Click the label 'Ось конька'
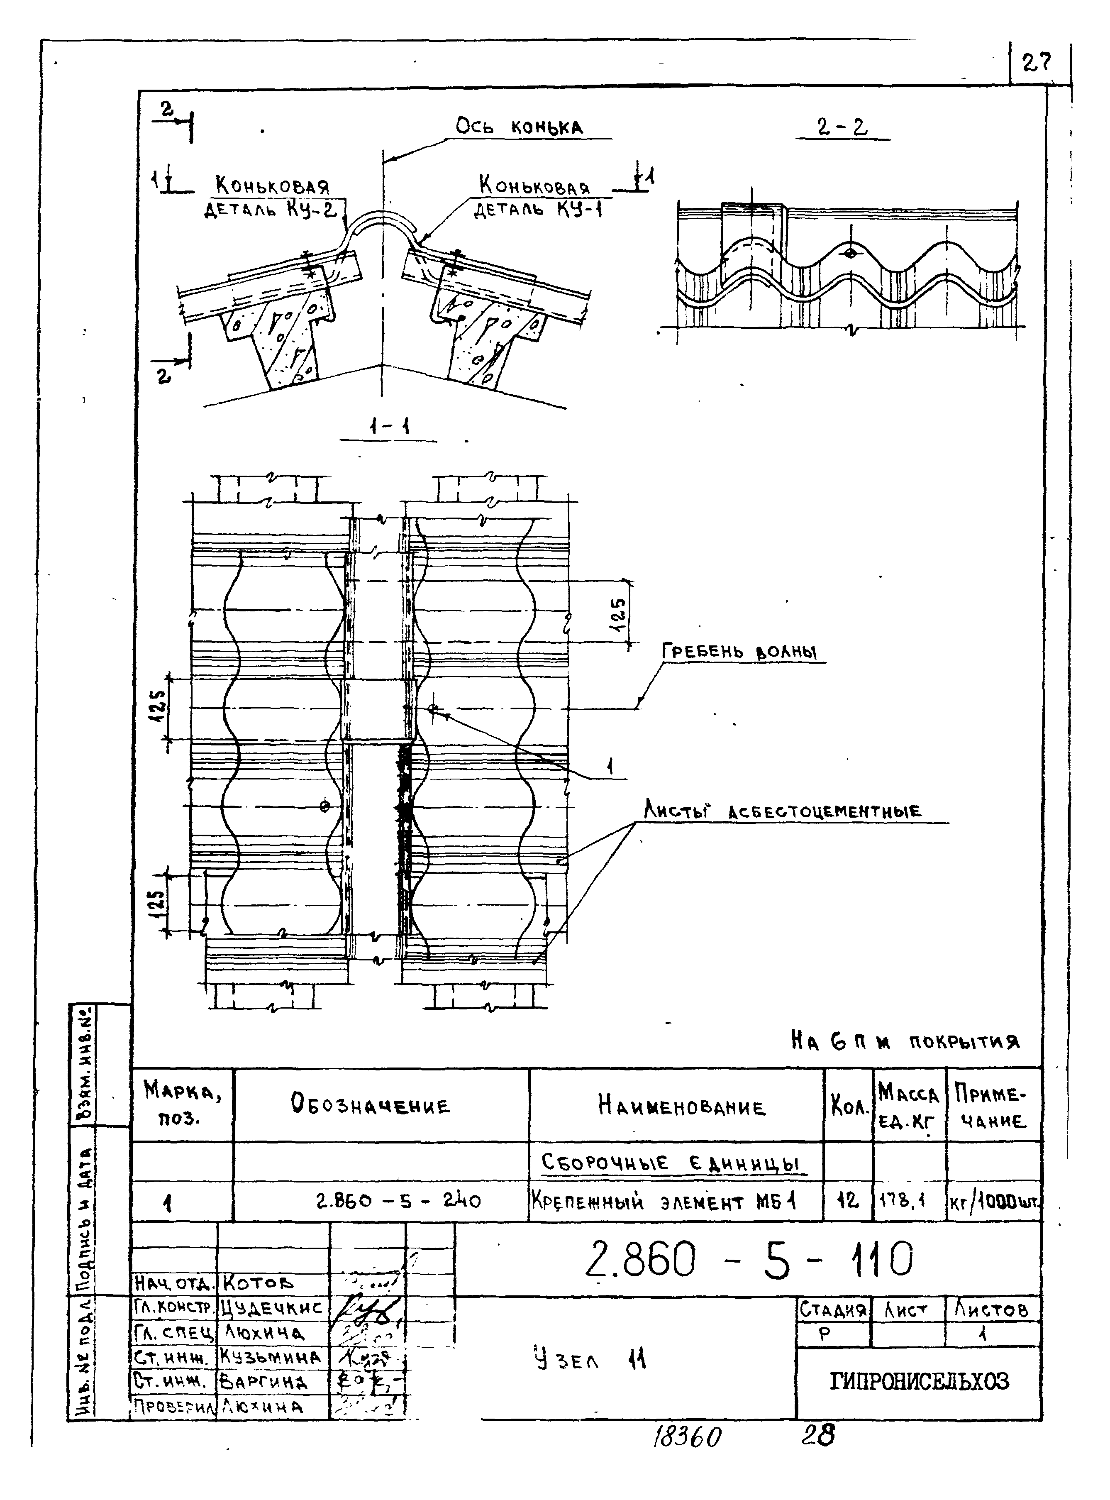point(519,126)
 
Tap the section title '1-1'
point(389,426)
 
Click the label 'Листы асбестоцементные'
point(783,811)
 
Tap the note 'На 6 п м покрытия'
point(905,1042)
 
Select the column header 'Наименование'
point(681,1106)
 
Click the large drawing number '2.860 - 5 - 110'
point(749,1259)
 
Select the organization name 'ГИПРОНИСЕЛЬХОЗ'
point(919,1381)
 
